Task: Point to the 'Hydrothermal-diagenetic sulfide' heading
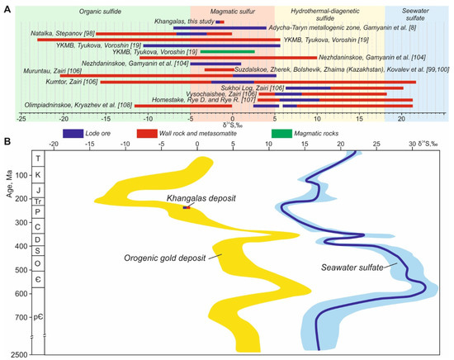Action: pos(329,19)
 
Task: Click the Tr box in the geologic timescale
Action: pos(38,201)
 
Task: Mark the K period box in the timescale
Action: pos(38,175)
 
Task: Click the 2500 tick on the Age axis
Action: pos(17,353)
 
